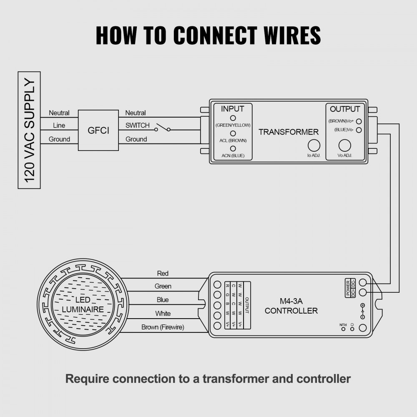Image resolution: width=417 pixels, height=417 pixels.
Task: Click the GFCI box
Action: (x=98, y=131)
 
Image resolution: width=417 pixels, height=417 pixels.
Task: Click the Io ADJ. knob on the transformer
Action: (x=314, y=146)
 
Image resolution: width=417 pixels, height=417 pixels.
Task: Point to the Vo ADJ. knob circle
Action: (x=344, y=146)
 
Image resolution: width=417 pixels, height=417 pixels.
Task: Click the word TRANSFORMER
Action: (x=288, y=132)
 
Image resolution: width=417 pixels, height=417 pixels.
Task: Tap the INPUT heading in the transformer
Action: (x=232, y=109)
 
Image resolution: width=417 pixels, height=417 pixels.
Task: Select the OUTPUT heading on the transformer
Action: (x=344, y=109)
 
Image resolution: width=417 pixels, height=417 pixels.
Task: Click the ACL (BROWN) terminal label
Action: (x=233, y=141)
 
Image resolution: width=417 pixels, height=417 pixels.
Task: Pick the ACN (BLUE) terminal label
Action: (x=233, y=156)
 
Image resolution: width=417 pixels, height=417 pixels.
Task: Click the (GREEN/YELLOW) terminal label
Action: (x=233, y=125)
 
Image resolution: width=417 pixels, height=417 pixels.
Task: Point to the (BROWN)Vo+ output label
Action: (x=341, y=121)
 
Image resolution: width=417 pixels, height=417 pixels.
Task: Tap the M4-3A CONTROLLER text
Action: (x=291, y=306)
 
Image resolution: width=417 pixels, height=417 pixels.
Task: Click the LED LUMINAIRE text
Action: (x=83, y=305)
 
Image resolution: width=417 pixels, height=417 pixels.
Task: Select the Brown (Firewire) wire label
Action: (x=163, y=327)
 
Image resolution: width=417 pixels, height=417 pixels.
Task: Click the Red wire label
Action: (x=163, y=274)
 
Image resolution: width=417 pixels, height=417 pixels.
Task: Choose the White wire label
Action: (x=163, y=314)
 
